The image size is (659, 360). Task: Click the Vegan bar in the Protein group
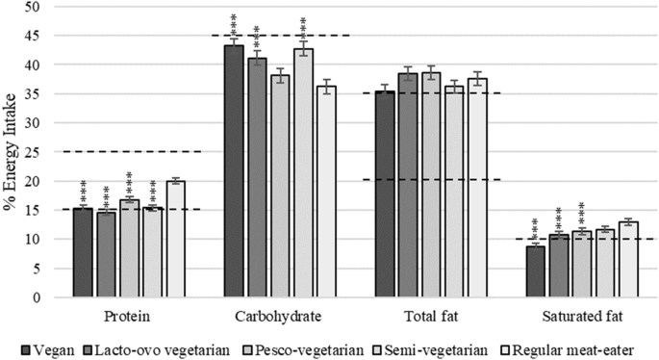click(83, 252)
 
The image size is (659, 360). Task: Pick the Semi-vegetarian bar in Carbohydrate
click(303, 173)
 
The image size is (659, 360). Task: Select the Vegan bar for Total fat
click(385, 193)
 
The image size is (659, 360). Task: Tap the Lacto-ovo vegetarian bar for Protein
click(106, 254)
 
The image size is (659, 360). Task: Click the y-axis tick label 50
click(33, 7)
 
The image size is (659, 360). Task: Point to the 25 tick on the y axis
click(33, 152)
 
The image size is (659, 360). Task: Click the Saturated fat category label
click(582, 317)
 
